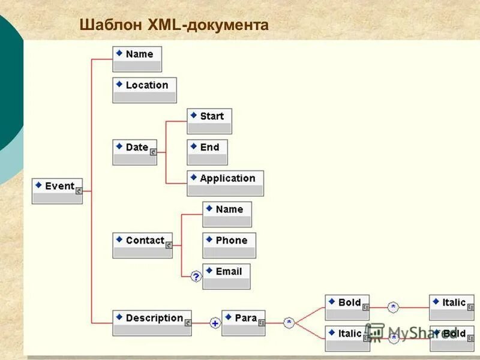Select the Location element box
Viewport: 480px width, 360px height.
tap(145, 90)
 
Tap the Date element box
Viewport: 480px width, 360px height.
tap(134, 152)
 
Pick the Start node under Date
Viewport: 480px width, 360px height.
tap(209, 121)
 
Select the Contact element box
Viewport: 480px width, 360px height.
tap(142, 245)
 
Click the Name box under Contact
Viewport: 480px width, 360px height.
tap(227, 214)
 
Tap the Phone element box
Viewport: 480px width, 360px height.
tap(229, 245)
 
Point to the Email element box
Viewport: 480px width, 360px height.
tap(226, 277)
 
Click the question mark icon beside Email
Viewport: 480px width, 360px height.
tap(196, 277)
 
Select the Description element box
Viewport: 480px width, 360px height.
tap(152, 323)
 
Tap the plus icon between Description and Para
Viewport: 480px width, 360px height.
tap(215, 323)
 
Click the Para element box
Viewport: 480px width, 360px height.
tap(244, 323)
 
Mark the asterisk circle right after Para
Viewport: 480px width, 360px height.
tap(289, 323)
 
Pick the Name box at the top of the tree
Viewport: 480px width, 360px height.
tap(137, 59)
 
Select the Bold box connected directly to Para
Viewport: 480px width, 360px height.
tap(347, 307)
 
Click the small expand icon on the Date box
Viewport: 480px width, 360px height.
tap(153, 152)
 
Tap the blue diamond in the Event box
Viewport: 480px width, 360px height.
tap(38, 185)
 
